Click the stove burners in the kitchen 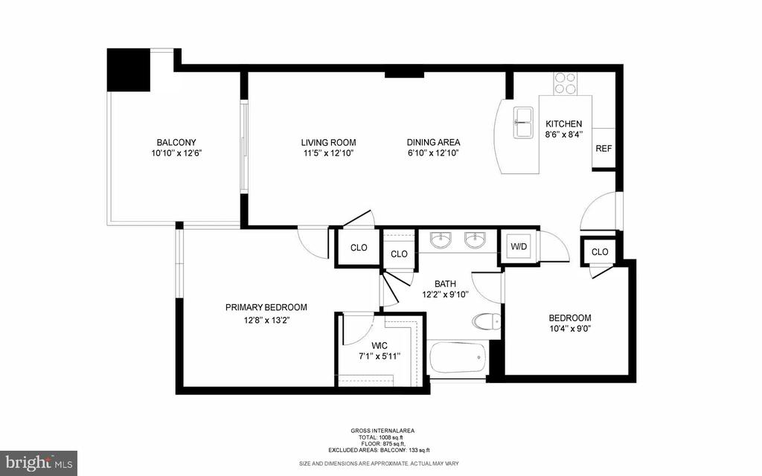coord(566,83)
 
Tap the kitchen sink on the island coord(523,123)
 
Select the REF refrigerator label coord(603,149)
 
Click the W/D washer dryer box coord(519,247)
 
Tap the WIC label coord(379,345)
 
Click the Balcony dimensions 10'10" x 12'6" coord(176,153)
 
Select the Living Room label coord(328,143)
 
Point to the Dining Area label coord(434,143)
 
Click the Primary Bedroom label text coord(266,307)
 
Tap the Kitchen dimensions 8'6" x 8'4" coord(564,135)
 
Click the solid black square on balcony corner coord(128,69)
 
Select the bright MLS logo coord(39,463)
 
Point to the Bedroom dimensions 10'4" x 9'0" coord(570,329)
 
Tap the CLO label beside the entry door coord(600,252)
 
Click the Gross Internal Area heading coord(382,431)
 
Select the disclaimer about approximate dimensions coord(379,463)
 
